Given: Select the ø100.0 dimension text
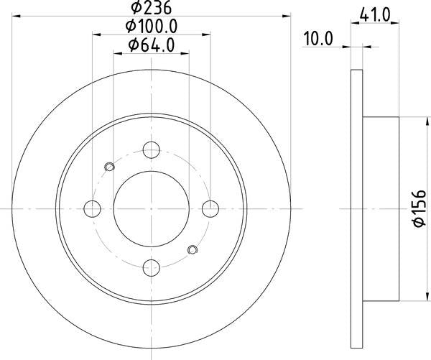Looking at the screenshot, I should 151,26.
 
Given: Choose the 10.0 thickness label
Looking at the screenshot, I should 319,40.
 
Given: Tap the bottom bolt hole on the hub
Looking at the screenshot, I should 151,268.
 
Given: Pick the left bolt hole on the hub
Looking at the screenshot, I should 92,208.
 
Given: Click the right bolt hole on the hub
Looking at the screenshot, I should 210,208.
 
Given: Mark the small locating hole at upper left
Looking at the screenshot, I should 109,167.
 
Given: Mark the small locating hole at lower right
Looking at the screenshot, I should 193,250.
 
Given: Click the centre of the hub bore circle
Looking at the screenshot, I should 151,208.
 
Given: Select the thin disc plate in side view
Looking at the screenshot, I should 357,208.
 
